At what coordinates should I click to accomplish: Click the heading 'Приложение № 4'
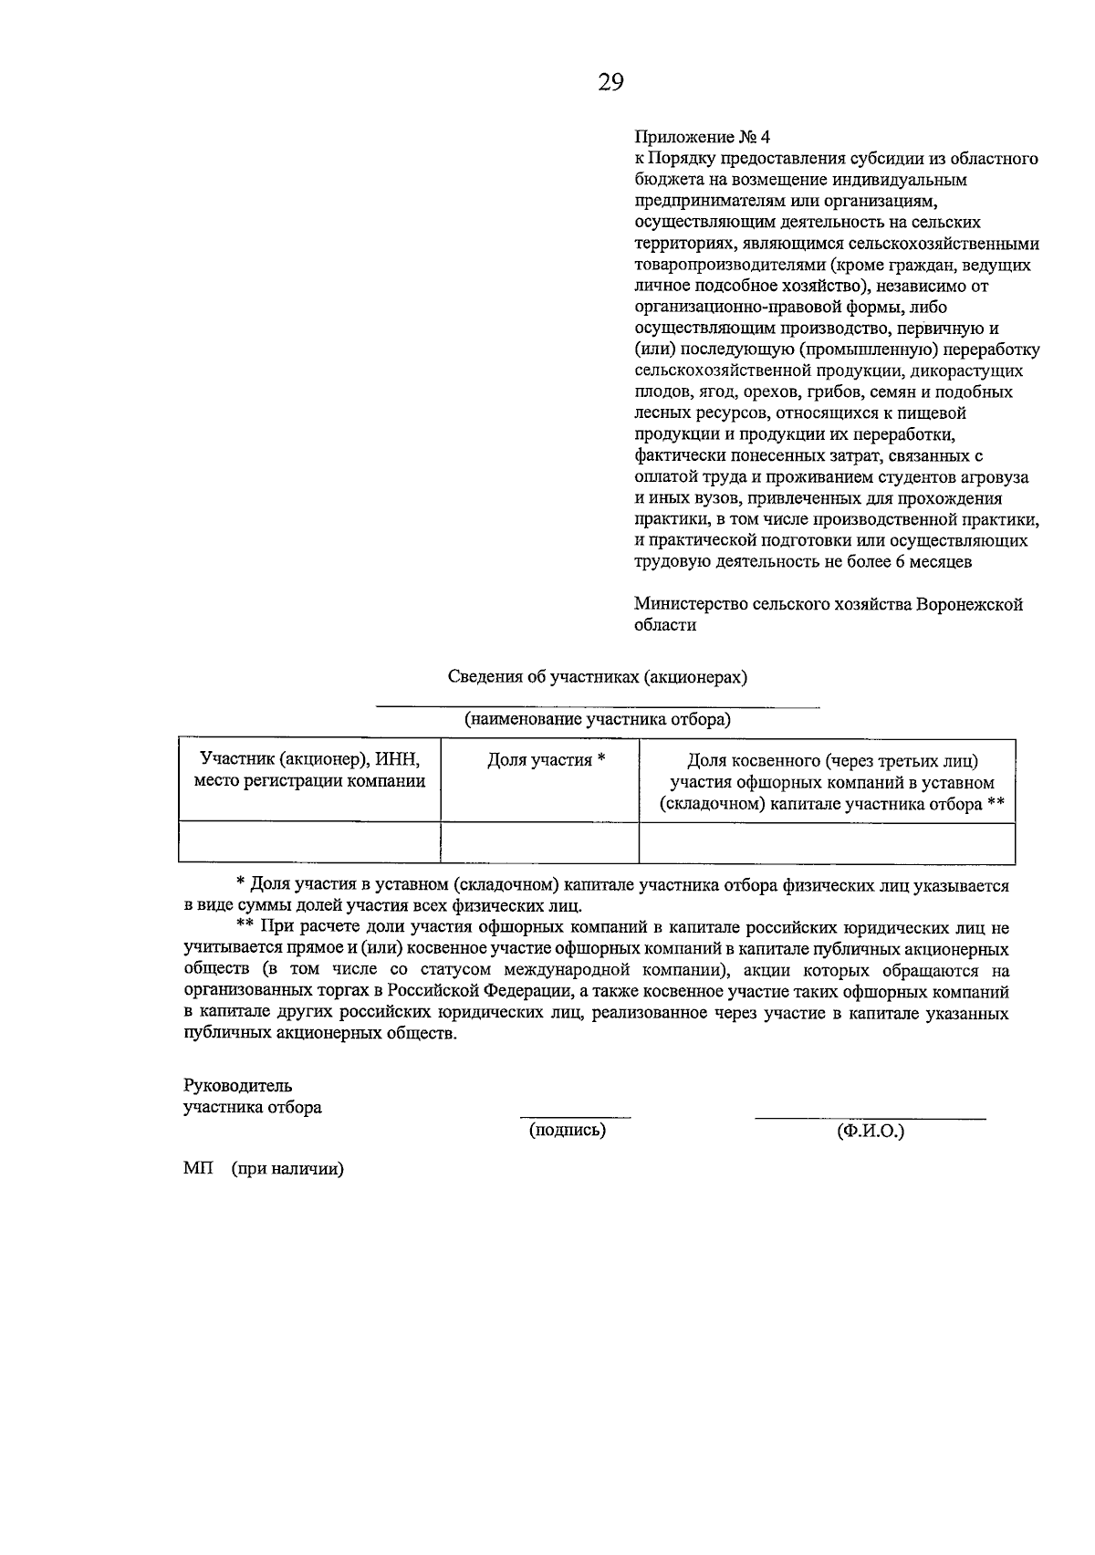[x=702, y=137]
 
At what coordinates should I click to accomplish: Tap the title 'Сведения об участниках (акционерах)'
[x=598, y=676]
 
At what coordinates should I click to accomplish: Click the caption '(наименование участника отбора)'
[x=598, y=719]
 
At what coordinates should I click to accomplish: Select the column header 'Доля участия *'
[x=547, y=760]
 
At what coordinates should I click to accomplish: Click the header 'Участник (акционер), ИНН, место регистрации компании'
[x=309, y=770]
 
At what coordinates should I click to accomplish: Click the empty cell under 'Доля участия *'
[x=539, y=841]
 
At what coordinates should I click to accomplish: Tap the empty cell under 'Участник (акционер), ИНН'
[x=309, y=841]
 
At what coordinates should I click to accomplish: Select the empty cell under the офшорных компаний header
[x=827, y=841]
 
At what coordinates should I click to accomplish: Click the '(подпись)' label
[x=568, y=1130]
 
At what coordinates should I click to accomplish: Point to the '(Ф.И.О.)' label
[x=870, y=1131]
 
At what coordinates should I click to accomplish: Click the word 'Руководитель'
[x=237, y=1085]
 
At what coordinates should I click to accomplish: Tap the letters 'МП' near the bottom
[x=197, y=1170]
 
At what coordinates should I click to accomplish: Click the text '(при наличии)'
[x=287, y=1170]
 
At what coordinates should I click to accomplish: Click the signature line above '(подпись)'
[x=575, y=1116]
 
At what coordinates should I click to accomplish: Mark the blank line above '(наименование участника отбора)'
[x=598, y=705]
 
